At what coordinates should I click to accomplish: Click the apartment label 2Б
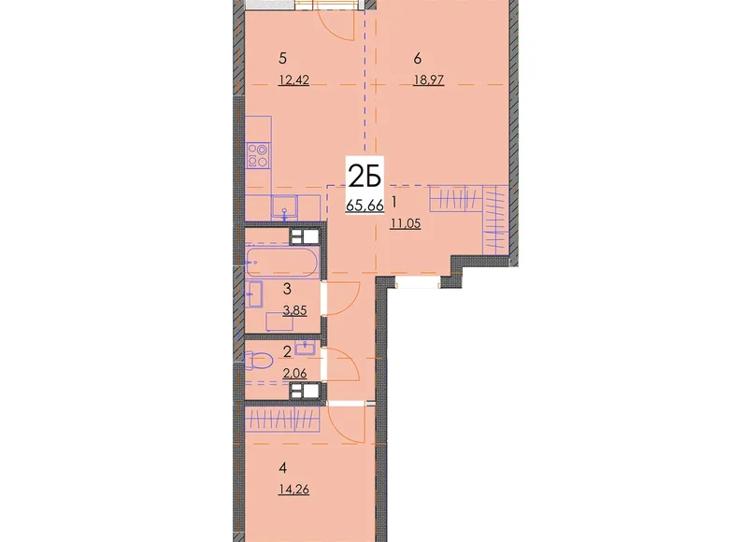[x=364, y=178]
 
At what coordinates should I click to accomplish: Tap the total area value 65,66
[x=364, y=205]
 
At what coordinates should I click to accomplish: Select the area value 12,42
[x=293, y=80]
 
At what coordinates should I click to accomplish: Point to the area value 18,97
[x=429, y=80]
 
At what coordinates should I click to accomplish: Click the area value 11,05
[x=406, y=223]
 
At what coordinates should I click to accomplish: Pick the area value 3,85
[x=294, y=310]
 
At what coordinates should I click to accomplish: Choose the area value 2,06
[x=294, y=372]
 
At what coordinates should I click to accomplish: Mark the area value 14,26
[x=293, y=490]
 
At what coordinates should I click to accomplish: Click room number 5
[x=282, y=59]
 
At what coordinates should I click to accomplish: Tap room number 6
[x=417, y=59]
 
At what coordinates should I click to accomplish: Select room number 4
[x=282, y=468]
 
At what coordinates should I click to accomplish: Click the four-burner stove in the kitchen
[x=258, y=155]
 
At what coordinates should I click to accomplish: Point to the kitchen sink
[x=284, y=207]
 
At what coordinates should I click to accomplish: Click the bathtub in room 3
[x=282, y=263]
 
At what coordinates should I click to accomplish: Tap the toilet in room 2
[x=258, y=361]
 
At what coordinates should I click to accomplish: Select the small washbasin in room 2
[x=305, y=348]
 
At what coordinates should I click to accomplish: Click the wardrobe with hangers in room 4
[x=282, y=420]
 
